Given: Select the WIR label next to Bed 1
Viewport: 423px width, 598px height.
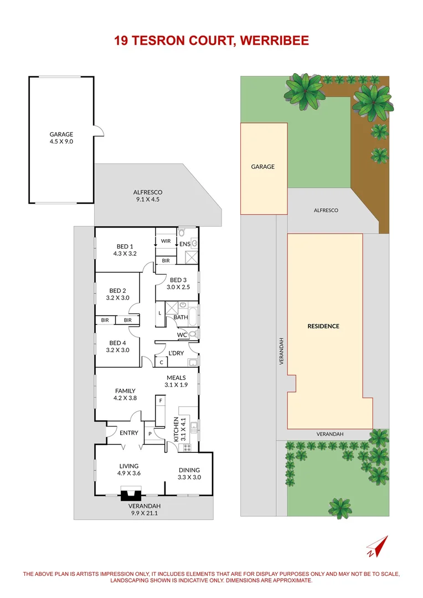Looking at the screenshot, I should [166, 241].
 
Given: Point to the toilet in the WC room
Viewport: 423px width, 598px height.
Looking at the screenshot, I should [192, 334].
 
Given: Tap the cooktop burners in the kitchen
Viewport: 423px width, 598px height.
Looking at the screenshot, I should [187, 446].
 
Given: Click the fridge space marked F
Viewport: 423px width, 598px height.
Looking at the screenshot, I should [161, 400].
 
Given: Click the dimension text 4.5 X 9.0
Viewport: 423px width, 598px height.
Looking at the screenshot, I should [61, 141].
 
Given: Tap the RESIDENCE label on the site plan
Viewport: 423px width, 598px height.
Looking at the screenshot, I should [323, 326].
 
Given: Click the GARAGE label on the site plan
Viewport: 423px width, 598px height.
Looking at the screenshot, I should [263, 167].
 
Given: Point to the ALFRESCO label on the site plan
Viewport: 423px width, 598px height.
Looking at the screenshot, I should [326, 210].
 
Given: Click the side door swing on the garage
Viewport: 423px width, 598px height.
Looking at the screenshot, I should [98, 131].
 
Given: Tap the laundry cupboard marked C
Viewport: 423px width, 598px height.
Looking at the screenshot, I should [161, 362].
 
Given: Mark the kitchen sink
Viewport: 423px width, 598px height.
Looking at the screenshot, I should [193, 426].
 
